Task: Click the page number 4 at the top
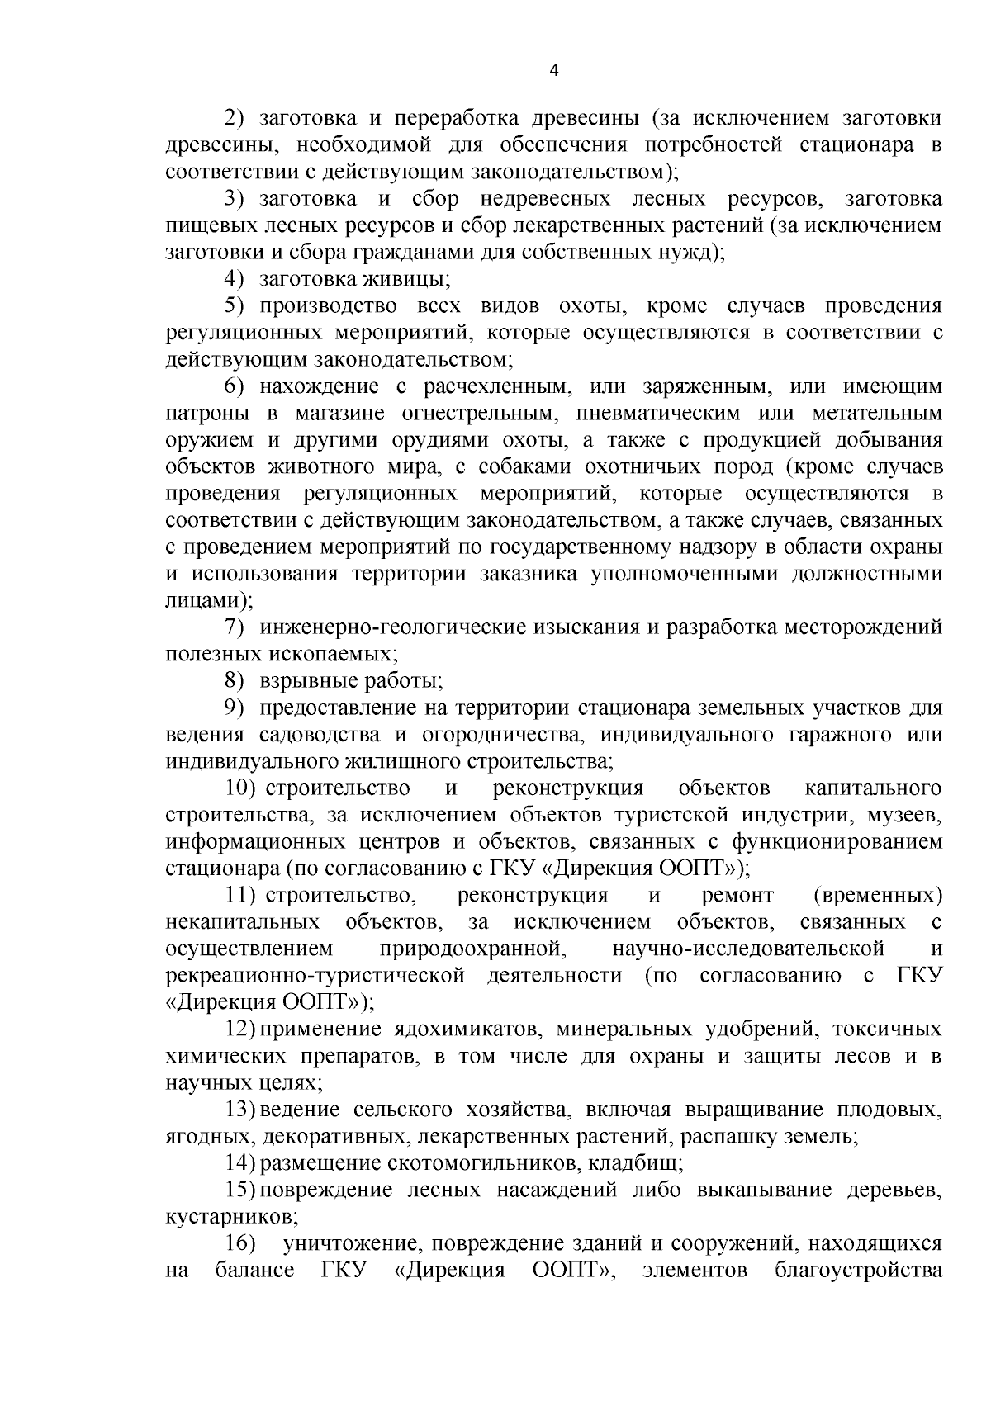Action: coord(554,71)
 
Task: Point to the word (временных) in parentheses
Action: coord(878,896)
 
